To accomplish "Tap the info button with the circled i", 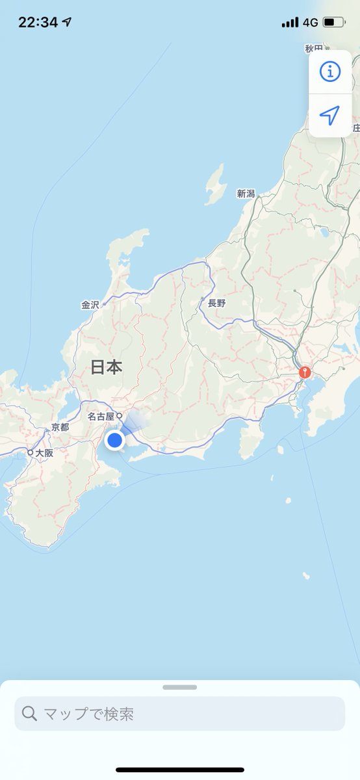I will pyautogui.click(x=330, y=71).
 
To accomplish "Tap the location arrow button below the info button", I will pyautogui.click(x=330, y=115).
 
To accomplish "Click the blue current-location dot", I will pyautogui.click(x=115, y=440).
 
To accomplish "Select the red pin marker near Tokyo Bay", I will pyautogui.click(x=304, y=373).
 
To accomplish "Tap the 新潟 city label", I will pyautogui.click(x=246, y=193).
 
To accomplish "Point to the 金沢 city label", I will pyautogui.click(x=90, y=304).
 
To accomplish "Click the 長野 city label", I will pyautogui.click(x=216, y=303).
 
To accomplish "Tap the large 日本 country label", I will pyautogui.click(x=106, y=367).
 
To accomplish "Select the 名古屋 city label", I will pyautogui.click(x=101, y=416).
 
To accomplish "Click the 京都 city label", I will pyautogui.click(x=60, y=428).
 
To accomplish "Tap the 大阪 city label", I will pyautogui.click(x=44, y=452).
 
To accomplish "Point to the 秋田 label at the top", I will pyautogui.click(x=314, y=49).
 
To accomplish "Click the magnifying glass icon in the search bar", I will pyautogui.click(x=29, y=714).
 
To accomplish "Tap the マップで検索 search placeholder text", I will pyautogui.click(x=88, y=714).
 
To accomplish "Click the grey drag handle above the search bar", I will pyautogui.click(x=180, y=687).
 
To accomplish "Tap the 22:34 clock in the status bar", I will pyautogui.click(x=38, y=22).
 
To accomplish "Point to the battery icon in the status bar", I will pyautogui.click(x=334, y=22).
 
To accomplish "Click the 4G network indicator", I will pyautogui.click(x=310, y=22).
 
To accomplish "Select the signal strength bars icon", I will pyautogui.click(x=290, y=22).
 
